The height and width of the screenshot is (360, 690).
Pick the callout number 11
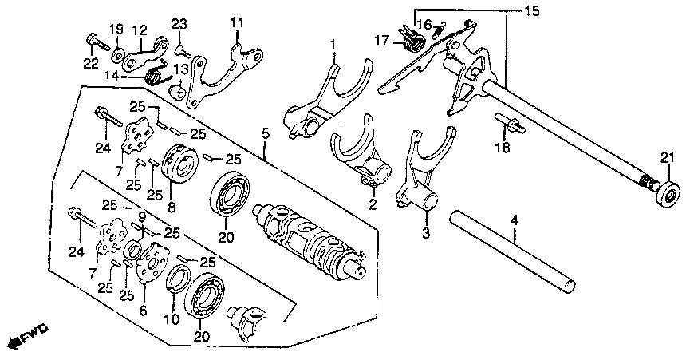237,21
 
